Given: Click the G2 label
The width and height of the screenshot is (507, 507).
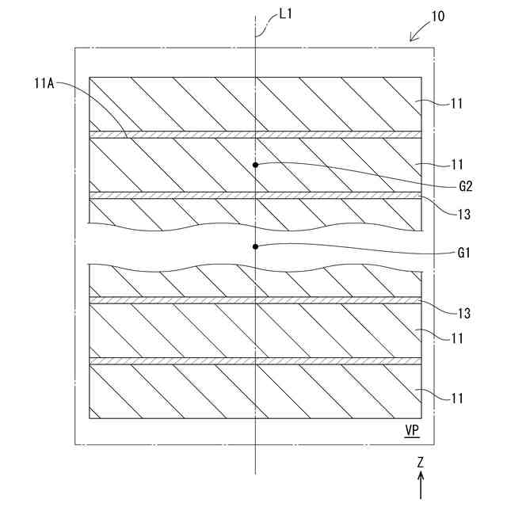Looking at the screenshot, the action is [465, 187].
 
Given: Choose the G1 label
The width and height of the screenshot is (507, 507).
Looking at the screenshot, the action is [465, 253].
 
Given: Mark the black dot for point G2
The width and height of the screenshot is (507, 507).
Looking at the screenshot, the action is [255, 165].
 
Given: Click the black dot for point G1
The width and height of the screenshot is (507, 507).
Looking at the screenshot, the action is [255, 246].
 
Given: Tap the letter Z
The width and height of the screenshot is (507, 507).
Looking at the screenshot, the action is [421, 461].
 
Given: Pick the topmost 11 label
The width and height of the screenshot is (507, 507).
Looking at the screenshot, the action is [456, 103].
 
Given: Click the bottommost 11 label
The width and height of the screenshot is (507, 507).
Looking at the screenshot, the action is [456, 398].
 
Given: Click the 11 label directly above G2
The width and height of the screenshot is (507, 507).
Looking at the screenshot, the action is [456, 165].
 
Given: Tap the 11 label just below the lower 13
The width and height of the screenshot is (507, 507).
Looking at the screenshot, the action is [456, 338].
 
